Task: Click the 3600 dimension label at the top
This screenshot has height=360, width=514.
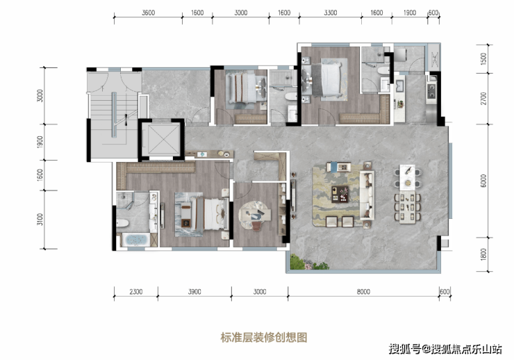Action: pyautogui.click(x=148, y=13)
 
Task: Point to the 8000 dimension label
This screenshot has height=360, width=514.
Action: pyautogui.click(x=363, y=292)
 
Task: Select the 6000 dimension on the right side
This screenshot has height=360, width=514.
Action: pyautogui.click(x=483, y=181)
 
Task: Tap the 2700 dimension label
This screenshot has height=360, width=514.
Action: pyautogui.click(x=483, y=99)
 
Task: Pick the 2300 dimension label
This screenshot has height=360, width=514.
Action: pyautogui.click(x=135, y=292)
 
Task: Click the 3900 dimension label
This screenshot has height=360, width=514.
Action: pyautogui.click(x=194, y=292)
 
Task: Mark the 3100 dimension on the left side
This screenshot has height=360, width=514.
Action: pyautogui.click(x=40, y=220)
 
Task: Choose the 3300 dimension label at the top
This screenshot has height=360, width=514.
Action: pyautogui.click(x=331, y=13)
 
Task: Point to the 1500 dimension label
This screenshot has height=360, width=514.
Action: pyautogui.click(x=483, y=58)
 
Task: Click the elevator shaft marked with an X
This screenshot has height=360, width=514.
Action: pyautogui.click(x=161, y=140)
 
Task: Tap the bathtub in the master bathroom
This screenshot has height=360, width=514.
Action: pyautogui.click(x=135, y=240)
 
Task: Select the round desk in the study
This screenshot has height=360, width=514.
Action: pyautogui.click(x=255, y=215)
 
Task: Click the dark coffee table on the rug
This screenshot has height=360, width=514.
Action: pyautogui.click(x=340, y=195)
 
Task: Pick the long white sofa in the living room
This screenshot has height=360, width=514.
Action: pyautogui.click(x=367, y=195)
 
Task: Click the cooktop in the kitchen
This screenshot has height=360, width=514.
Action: pyautogui.click(x=431, y=91)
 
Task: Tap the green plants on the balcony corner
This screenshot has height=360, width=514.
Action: pyautogui.click(x=309, y=263)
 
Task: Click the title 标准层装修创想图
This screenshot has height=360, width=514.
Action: pyautogui.click(x=264, y=337)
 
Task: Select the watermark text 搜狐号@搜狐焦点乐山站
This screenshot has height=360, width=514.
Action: pyautogui.click(x=445, y=349)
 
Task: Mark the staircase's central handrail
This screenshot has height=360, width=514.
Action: pyautogui.click(x=114, y=115)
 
